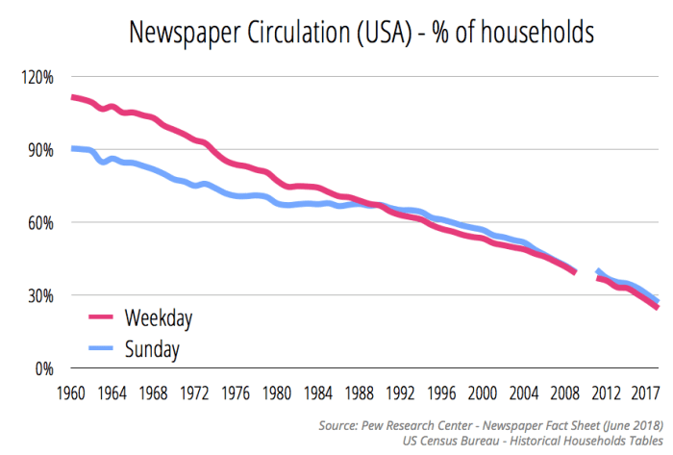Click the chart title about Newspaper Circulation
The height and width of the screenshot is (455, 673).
[361, 33]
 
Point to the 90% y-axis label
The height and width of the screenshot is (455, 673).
[35, 150]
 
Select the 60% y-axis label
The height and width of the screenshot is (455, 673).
[35, 222]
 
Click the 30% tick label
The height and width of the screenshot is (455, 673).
[35, 295]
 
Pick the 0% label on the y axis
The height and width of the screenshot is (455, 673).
[39, 368]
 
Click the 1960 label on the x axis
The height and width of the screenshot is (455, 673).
[72, 392]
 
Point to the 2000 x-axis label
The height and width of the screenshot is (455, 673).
[482, 392]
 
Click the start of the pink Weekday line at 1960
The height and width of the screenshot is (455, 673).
[73, 97]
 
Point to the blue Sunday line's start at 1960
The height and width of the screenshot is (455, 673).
[73, 148]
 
